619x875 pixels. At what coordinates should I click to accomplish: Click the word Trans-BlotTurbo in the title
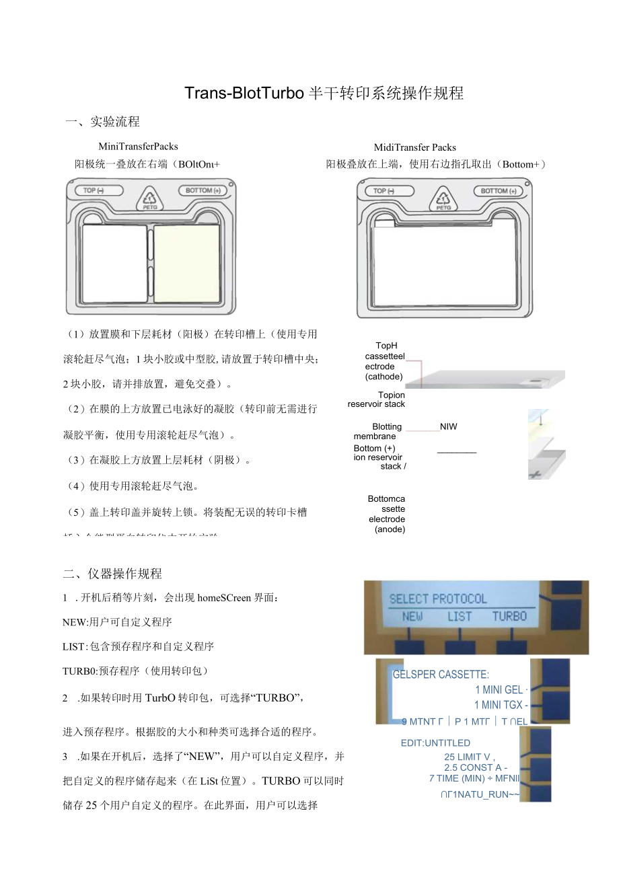pyautogui.click(x=244, y=93)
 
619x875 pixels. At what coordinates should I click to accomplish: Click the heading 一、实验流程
pyautogui.click(x=102, y=122)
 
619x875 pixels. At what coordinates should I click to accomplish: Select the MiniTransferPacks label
pyautogui.click(x=138, y=146)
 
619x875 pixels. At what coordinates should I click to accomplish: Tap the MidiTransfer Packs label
pyautogui.click(x=414, y=147)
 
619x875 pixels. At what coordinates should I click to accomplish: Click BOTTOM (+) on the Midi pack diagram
pyautogui.click(x=499, y=191)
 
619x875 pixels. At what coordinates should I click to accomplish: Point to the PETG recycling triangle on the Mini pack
pyautogui.click(x=151, y=200)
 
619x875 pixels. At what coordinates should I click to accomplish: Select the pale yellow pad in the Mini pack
pyautogui.click(x=187, y=263)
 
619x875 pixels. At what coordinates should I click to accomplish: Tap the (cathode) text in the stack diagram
pyautogui.click(x=384, y=377)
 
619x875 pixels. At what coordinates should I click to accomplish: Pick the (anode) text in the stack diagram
pyautogui.click(x=390, y=529)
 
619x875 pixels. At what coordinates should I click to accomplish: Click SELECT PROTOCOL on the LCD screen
pyautogui.click(x=438, y=599)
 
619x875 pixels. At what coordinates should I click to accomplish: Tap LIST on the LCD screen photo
pyautogui.click(x=460, y=616)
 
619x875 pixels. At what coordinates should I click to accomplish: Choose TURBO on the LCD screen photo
pyautogui.click(x=509, y=616)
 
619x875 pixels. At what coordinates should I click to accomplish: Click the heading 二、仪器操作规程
pyautogui.click(x=112, y=574)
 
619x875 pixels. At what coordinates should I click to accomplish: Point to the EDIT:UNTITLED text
pyautogui.click(x=435, y=743)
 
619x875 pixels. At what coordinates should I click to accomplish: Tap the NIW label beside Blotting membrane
pyautogui.click(x=448, y=426)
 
